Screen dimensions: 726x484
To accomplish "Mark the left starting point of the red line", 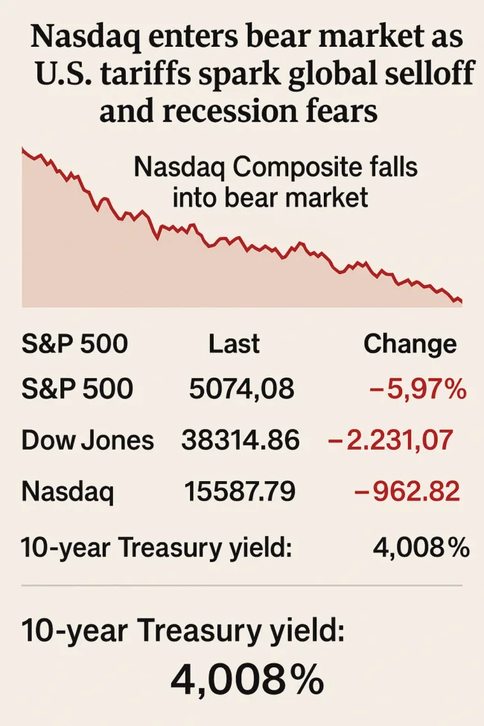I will coord(23,150).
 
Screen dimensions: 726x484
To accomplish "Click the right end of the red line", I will coord(462,302).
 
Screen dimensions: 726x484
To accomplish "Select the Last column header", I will coord(234,344).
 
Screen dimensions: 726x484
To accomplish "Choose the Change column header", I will coord(410,344).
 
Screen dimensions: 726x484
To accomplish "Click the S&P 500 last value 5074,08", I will coord(241,389).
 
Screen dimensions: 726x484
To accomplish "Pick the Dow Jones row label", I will coord(87,441).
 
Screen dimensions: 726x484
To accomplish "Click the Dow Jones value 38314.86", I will coord(240,441).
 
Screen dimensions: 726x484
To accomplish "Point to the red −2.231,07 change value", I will coord(390,441).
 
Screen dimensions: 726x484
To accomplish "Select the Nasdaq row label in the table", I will coord(68,492).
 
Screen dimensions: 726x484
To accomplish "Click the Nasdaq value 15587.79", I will coord(240,492).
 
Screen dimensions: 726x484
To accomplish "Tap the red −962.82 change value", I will coord(407,492).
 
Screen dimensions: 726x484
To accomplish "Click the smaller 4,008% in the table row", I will coord(421,548).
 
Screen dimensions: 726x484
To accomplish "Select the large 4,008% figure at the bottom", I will coord(247,679).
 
